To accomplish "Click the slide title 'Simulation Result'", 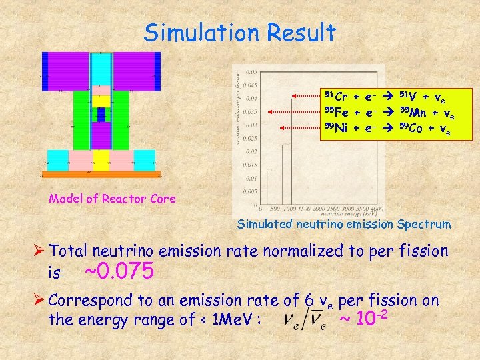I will point(240,31).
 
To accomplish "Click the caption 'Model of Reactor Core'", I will point(112,198).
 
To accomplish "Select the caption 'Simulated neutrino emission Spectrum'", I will point(344,224).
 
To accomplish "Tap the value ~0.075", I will point(121,272).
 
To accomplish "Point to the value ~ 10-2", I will point(363,319).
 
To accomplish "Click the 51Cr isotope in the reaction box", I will point(335,96).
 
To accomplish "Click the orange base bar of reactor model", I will point(101,175).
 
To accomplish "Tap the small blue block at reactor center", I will point(101,115).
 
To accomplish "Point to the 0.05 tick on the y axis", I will point(250,71).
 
